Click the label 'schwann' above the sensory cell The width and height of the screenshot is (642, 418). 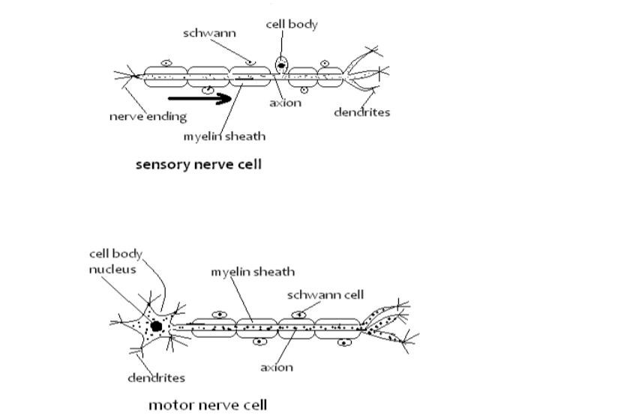coord(206,34)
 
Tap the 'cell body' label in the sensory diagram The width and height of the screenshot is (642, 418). coord(292,25)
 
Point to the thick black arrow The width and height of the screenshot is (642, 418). coord(199,98)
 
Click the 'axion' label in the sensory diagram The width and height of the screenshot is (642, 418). coord(285,103)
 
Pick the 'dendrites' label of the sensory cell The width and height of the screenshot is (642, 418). coord(362,112)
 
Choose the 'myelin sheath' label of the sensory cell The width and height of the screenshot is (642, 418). coord(224,136)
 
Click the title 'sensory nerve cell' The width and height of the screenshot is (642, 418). coord(198,164)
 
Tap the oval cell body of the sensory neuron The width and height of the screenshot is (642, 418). coord(281,65)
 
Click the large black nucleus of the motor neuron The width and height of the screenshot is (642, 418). coord(156,327)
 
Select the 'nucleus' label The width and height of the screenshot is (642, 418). coord(112,269)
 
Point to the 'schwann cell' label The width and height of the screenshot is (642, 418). coord(325,294)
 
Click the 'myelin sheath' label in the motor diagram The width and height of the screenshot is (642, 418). coord(252,271)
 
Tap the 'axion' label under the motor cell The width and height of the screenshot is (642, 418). coord(277,367)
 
